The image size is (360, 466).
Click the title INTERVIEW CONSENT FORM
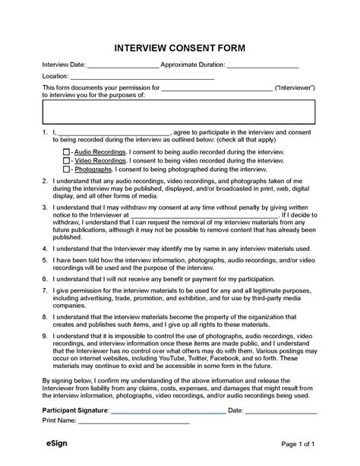180,47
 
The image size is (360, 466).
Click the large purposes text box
179,112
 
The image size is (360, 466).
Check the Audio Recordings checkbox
65,153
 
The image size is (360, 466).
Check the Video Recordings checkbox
65,162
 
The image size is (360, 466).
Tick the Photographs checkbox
65,171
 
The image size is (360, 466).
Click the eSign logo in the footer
53,442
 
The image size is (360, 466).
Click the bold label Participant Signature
76,411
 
